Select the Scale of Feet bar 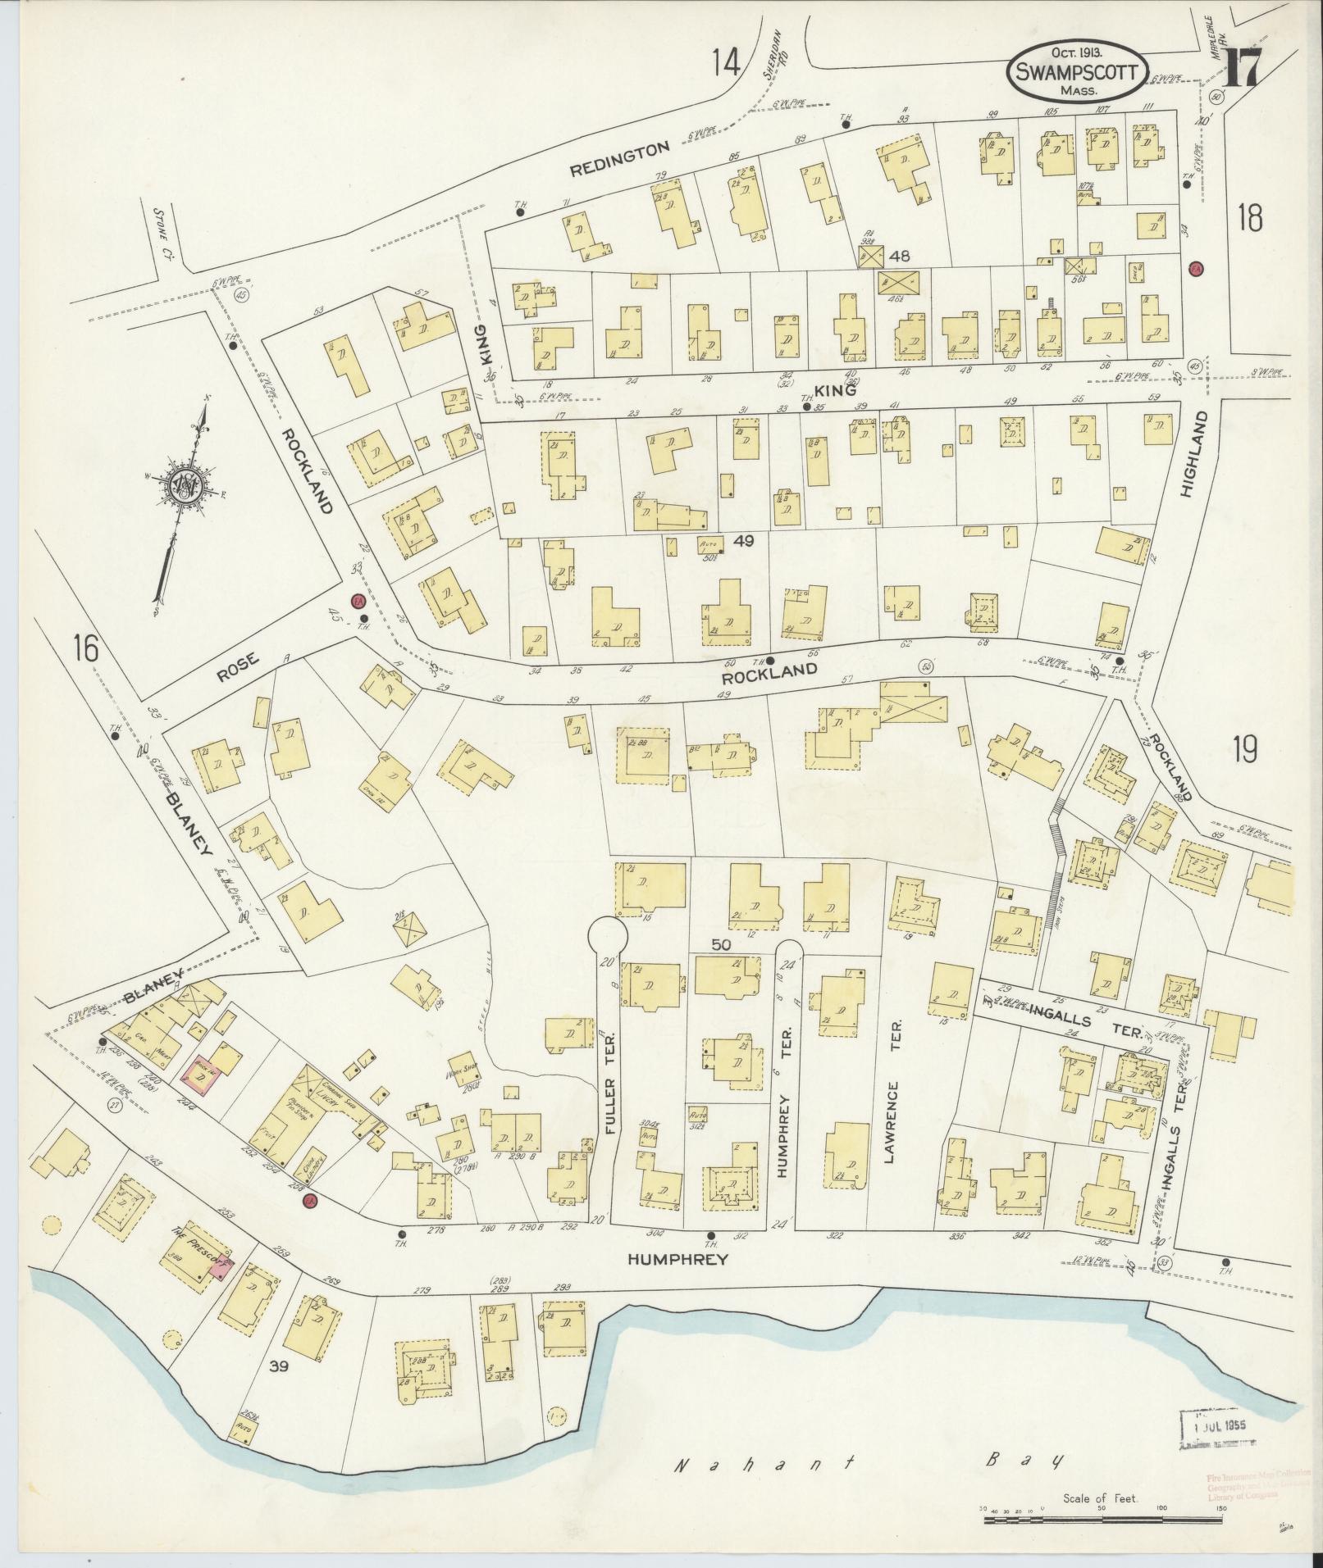pyautogui.click(x=1132, y=1519)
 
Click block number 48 pyautogui.click(x=900, y=256)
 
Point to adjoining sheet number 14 pyautogui.click(x=726, y=61)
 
